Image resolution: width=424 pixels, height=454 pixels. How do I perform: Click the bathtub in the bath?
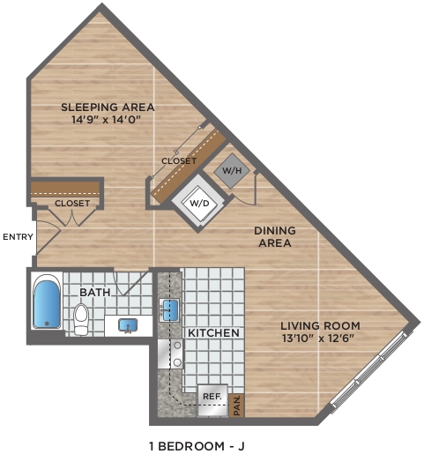pyautogui.click(x=47, y=301)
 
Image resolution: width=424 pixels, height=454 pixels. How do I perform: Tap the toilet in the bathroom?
pyautogui.click(x=81, y=319)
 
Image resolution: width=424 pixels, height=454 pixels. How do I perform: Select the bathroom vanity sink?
pyautogui.click(x=128, y=325)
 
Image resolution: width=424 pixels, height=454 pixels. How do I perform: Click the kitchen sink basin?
pyautogui.click(x=169, y=310)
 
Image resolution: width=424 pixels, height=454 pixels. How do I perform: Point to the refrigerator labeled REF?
pyautogui.click(x=212, y=400)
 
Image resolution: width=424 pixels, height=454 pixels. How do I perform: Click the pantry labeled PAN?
pyautogui.click(x=237, y=406)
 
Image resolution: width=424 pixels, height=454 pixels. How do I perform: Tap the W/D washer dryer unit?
pyautogui.click(x=199, y=203)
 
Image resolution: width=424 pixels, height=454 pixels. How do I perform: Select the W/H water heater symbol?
pyautogui.click(x=232, y=171)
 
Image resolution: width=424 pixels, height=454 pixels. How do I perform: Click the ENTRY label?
pyautogui.click(x=19, y=236)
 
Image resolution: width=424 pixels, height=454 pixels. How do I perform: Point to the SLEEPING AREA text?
pyautogui.click(x=108, y=108)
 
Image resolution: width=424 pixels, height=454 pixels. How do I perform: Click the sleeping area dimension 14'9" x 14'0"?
pyautogui.click(x=107, y=120)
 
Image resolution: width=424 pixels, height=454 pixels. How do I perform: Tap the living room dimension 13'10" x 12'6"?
pyautogui.click(x=317, y=339)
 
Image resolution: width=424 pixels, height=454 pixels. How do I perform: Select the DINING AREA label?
pyautogui.click(x=275, y=237)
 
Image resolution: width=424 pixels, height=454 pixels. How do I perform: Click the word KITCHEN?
pyautogui.click(x=213, y=333)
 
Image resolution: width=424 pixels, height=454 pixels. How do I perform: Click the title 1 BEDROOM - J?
pyautogui.click(x=197, y=446)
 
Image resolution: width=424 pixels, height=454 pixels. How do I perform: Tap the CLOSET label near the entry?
pyautogui.click(x=72, y=204)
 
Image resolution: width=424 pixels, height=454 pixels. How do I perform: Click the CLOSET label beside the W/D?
pyautogui.click(x=179, y=161)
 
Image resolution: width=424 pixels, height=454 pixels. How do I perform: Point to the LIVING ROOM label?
pyautogui.click(x=320, y=326)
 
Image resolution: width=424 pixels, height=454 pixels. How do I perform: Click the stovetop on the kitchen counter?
pyautogui.click(x=170, y=354)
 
